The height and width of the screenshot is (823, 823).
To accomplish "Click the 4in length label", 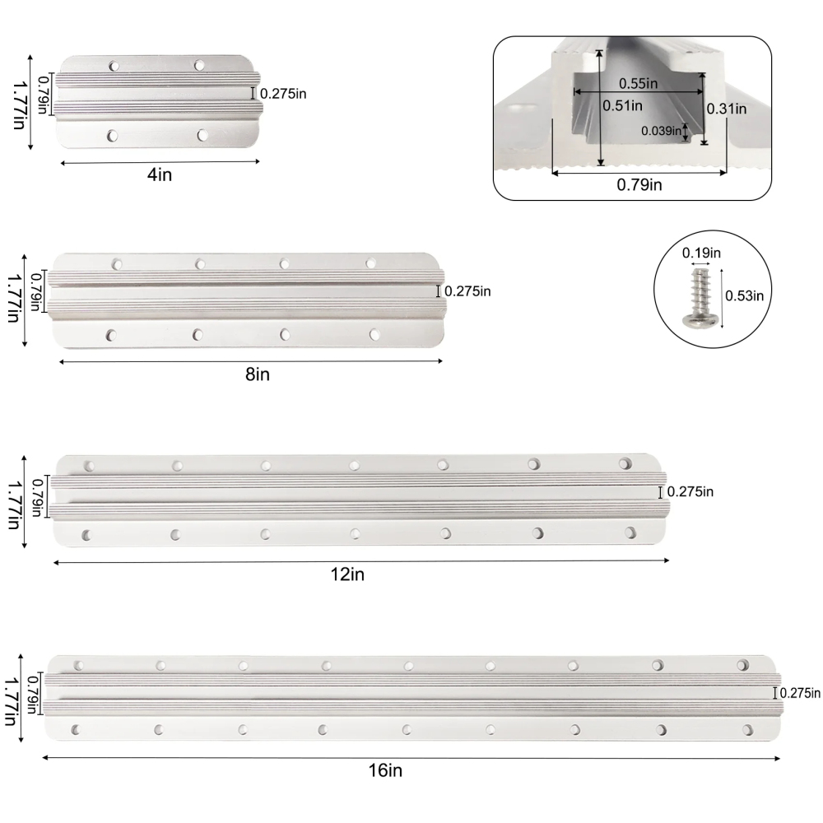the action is tap(160, 174).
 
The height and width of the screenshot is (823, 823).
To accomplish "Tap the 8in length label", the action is tap(257, 374).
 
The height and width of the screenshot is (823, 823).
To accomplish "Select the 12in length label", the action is tap(347, 574).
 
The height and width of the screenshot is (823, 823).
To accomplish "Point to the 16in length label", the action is tap(385, 770).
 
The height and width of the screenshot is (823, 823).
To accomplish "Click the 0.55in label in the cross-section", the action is tap(638, 83).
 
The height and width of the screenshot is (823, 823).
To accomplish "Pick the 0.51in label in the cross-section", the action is tap(622, 105).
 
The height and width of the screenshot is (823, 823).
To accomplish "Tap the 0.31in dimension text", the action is tap(727, 109).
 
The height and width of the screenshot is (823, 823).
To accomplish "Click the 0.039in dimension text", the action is tap(661, 131).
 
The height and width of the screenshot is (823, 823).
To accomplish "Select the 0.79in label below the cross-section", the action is tap(639, 184).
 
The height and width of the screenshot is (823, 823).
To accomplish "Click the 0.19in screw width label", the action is tap(701, 253).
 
